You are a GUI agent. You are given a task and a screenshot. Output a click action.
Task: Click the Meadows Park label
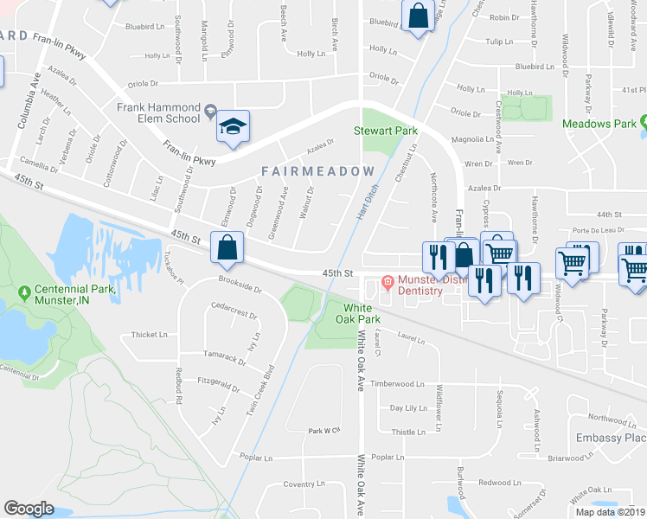599,125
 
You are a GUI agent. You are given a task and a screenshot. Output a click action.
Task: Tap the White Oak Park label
362,315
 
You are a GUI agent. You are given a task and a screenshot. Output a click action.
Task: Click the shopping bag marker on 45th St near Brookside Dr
226,247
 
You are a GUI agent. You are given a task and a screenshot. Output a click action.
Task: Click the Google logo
29,509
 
